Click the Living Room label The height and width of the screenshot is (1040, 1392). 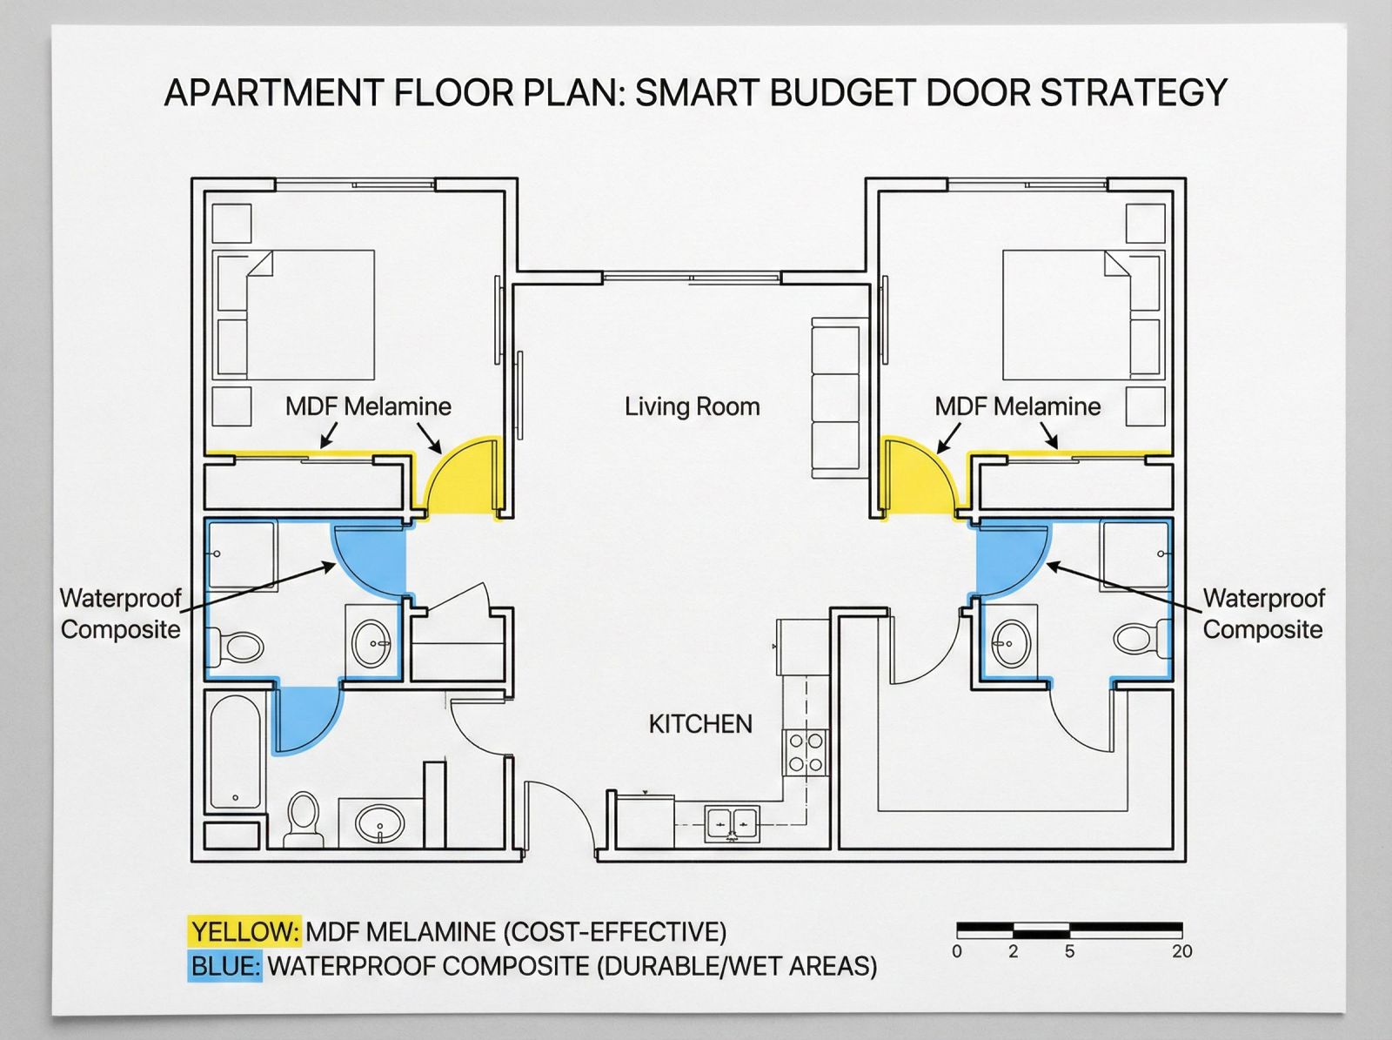[692, 406]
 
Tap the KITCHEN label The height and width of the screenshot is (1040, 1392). [700, 724]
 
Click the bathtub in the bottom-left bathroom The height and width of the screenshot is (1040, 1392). [235, 752]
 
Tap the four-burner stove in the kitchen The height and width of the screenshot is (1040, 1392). [806, 752]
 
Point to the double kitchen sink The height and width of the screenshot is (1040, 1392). [732, 824]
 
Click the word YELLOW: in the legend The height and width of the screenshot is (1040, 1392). [244, 932]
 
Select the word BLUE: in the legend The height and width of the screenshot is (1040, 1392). [224, 966]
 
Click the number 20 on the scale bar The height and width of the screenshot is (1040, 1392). [1182, 951]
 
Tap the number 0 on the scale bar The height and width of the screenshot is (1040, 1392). [957, 951]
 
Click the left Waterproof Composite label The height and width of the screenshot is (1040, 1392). [120, 614]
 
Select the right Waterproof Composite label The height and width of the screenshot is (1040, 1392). [1263, 614]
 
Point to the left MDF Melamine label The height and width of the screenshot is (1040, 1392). [368, 406]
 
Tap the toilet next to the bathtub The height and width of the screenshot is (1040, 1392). [303, 818]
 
